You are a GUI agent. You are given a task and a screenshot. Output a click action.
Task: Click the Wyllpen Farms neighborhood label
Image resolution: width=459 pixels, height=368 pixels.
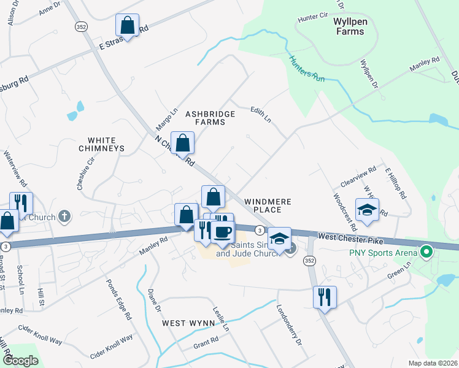[349, 26]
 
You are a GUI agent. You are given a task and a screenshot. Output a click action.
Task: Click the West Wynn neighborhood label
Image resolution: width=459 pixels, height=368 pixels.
[188, 323]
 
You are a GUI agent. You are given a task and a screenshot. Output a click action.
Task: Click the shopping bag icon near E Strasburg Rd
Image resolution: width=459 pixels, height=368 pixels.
[127, 25]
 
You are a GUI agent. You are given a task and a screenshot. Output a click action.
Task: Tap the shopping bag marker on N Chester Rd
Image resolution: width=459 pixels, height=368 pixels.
[183, 144]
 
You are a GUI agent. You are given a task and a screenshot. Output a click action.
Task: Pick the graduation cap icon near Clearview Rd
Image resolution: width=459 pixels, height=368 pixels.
[367, 210]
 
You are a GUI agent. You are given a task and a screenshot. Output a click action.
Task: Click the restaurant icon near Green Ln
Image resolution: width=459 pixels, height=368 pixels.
[325, 297]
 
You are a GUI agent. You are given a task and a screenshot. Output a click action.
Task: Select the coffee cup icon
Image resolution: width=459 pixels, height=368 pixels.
[223, 232]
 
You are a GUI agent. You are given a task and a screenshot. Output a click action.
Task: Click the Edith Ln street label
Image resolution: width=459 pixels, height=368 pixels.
[260, 114]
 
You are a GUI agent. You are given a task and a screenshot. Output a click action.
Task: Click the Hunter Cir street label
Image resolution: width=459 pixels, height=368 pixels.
[310, 18]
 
